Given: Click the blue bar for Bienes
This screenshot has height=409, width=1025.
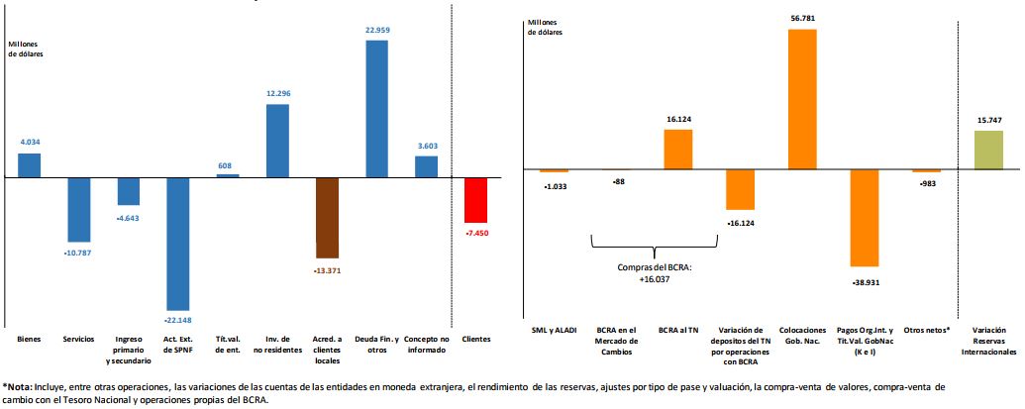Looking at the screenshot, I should click(30, 165).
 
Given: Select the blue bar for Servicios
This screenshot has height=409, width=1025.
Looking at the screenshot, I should click(79, 210).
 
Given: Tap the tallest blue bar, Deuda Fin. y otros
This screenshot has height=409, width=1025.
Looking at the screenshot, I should click(376, 109).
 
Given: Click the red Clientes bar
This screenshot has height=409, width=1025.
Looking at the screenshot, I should click(476, 200).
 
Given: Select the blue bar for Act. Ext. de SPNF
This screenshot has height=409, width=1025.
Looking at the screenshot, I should click(178, 244).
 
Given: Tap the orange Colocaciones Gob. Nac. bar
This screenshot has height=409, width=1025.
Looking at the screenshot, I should click(802, 100).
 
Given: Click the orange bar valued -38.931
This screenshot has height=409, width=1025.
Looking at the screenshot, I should click(864, 219).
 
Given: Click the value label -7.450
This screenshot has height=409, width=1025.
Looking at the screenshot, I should click(476, 233).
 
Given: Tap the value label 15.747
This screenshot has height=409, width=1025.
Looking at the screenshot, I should click(988, 121).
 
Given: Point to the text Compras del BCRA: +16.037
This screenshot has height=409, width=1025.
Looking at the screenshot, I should click(655, 272).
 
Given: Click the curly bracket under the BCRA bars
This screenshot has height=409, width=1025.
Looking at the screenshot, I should click(655, 245).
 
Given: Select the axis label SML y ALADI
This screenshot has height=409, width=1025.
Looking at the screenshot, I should click(554, 330).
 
